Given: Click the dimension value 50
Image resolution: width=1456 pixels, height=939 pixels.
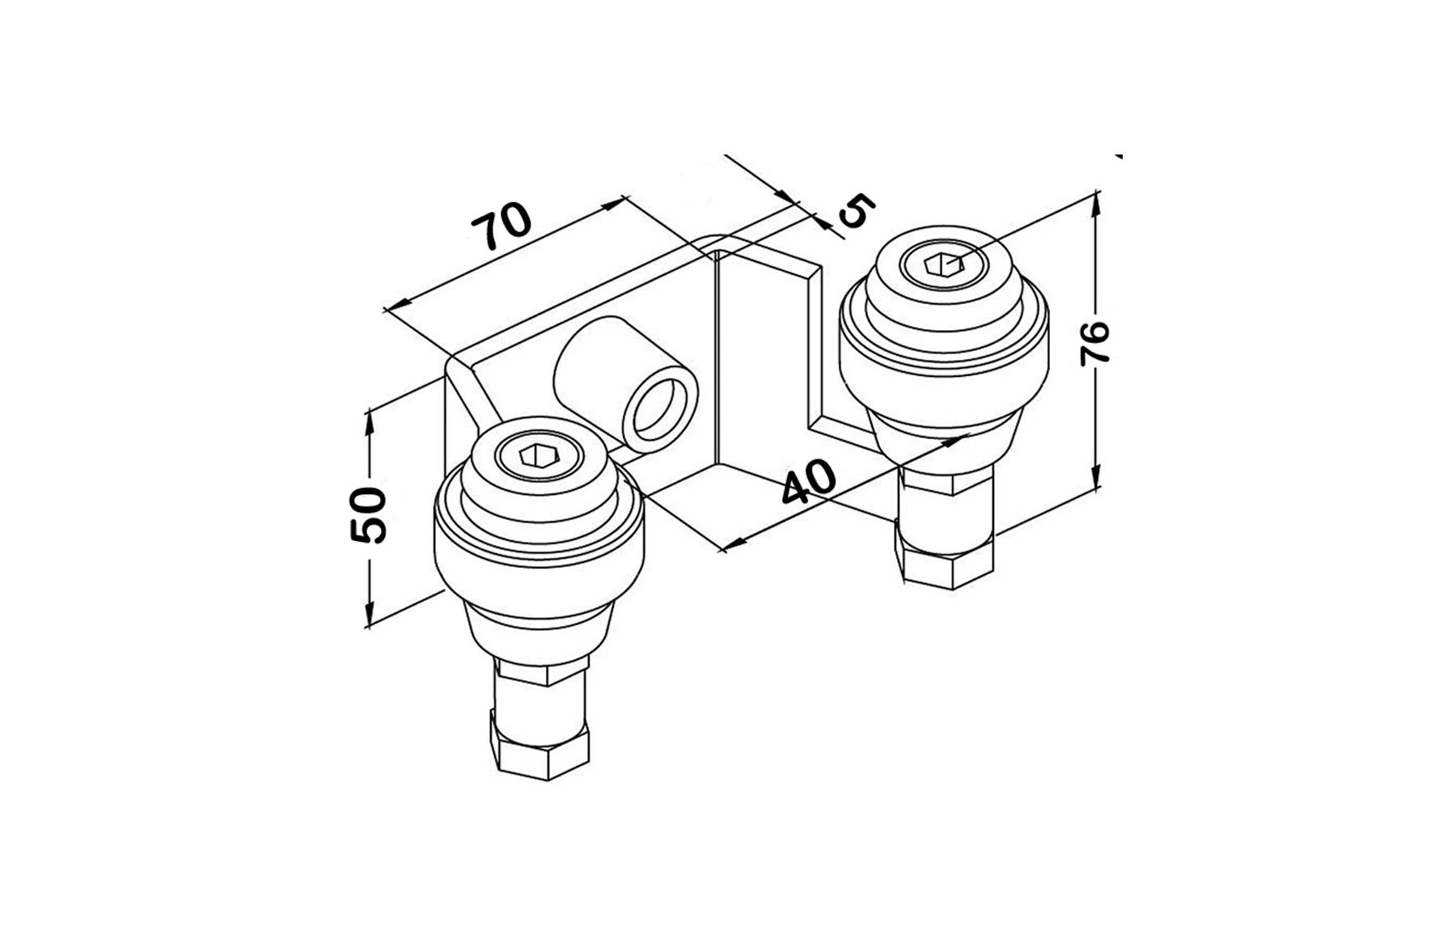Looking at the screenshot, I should (368, 515).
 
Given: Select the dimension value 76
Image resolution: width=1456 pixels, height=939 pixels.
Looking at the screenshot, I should (1096, 343).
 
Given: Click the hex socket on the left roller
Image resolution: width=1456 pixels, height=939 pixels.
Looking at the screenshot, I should (535, 457).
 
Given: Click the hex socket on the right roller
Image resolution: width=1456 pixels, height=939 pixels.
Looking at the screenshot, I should (944, 263).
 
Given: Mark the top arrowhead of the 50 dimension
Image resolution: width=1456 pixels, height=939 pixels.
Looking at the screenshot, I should (369, 420).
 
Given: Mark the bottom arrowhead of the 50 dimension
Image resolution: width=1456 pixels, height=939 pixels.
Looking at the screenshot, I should (369, 620).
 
